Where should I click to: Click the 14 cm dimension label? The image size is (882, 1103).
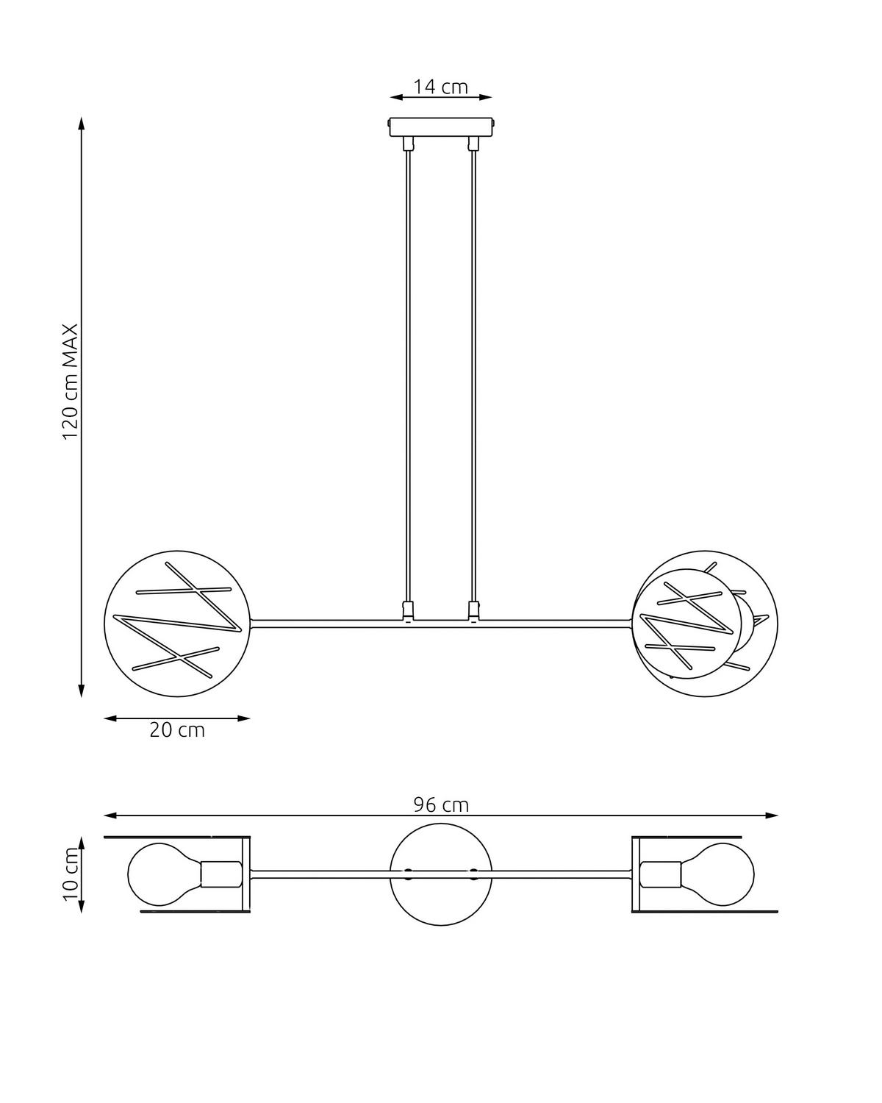[440, 87]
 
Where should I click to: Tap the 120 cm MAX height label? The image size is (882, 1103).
[70, 382]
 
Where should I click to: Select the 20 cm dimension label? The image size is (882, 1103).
[177, 730]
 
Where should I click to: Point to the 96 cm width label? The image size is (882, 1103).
[440, 804]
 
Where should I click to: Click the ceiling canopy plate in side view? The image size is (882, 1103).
[441, 126]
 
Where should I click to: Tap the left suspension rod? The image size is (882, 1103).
[408, 368]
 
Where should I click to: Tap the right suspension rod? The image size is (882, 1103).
[473, 368]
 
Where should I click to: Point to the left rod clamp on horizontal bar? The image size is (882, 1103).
[408, 610]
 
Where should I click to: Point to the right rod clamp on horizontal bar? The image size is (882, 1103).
[473, 610]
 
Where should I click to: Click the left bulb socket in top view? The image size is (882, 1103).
[221, 874]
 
